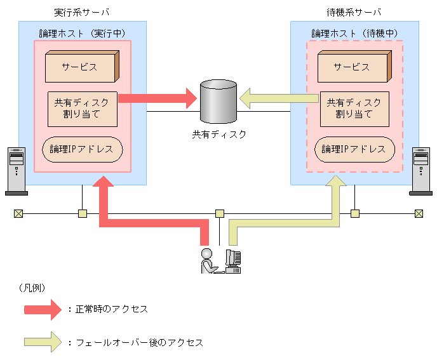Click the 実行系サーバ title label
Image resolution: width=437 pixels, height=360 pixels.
[x=82, y=13]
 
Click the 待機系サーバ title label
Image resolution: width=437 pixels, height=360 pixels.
[x=354, y=13]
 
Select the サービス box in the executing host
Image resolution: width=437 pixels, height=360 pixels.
[x=80, y=67]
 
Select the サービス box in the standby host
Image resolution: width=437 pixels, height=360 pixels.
[x=352, y=67]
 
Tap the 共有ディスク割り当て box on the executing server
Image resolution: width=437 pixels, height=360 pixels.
[x=82, y=109]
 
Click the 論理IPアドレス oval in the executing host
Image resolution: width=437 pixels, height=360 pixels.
[x=82, y=149]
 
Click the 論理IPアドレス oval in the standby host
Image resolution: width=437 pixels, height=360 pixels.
[x=354, y=149]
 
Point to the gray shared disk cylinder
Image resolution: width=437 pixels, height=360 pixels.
[x=218, y=102]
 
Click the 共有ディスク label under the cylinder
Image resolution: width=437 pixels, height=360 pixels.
[x=218, y=135]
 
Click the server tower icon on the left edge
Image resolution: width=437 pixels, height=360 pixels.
[x=15, y=170]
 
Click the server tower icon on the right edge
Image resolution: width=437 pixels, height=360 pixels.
[x=420, y=170]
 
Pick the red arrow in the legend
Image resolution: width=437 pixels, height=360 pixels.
[x=44, y=309]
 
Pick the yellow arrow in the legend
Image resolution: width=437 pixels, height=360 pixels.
[x=44, y=342]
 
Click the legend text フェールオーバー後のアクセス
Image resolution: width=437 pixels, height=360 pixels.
[x=139, y=342]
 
